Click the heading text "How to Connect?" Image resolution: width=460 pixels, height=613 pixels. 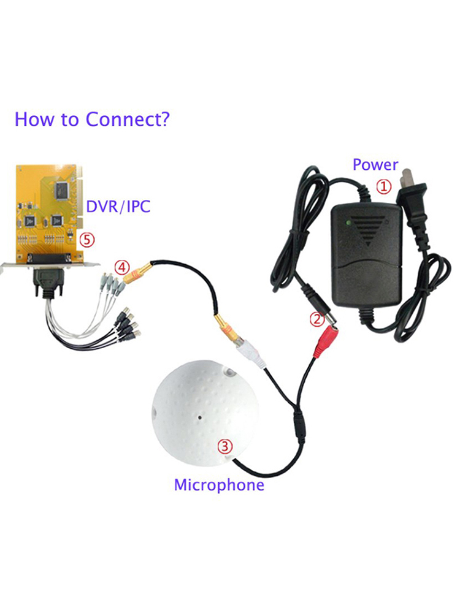coord(93,120)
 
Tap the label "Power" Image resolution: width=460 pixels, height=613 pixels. coord(375,164)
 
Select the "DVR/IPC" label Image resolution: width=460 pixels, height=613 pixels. coord(118,207)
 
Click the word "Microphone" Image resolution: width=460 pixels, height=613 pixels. coord(219,485)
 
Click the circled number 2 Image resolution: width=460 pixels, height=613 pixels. coord(317,319)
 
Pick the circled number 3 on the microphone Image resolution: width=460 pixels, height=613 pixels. coord(225,446)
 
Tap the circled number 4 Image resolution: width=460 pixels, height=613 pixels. coord(121,268)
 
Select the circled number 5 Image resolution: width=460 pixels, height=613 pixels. coord(87,240)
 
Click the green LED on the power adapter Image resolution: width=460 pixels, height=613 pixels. coord(348,224)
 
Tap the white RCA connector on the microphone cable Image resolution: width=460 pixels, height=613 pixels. coord(250,354)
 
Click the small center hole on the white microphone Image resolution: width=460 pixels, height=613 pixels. coord(199,417)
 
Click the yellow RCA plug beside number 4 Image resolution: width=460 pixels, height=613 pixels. coord(137,273)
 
